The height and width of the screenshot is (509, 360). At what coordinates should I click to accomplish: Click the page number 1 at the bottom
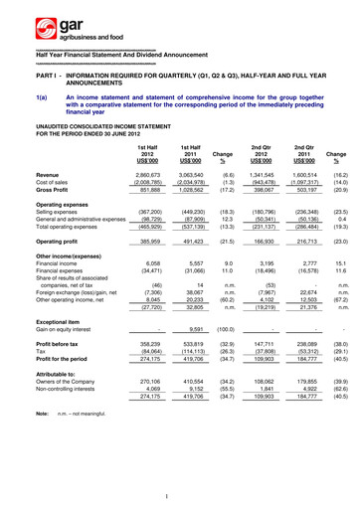click(x=180, y=495)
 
